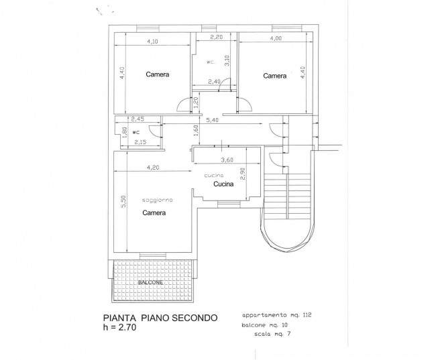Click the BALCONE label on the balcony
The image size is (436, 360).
[150, 282]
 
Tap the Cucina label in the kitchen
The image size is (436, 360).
[223, 184]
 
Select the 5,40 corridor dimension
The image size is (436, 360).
[213, 120]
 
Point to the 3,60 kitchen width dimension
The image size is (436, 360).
[227, 160]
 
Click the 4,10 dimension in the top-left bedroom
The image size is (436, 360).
[152, 42]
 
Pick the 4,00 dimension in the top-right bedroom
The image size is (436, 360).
[276, 38]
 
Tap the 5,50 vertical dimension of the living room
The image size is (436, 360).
[123, 202]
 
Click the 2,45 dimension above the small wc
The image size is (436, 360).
[138, 119]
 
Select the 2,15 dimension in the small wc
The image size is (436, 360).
[140, 142]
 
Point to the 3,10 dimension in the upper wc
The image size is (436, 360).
[227, 60]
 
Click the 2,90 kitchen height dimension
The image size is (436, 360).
[243, 174]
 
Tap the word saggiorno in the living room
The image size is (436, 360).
[158, 200]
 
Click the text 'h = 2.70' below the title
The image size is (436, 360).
[119, 327]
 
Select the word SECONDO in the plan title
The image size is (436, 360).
[194, 318]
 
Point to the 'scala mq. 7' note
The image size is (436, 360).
[272, 334]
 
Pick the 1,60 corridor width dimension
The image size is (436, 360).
[196, 130]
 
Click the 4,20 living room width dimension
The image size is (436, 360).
[153, 168]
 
